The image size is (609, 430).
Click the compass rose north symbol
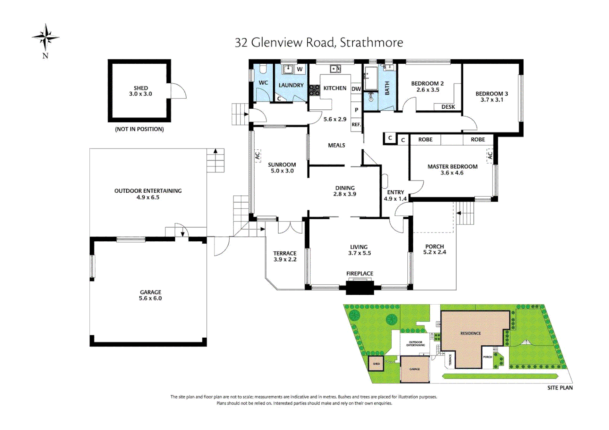point(46,38)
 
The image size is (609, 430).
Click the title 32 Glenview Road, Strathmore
point(319,43)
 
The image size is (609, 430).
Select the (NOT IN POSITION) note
point(139,129)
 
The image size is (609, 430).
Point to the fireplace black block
point(360,287)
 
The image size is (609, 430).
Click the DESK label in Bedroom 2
point(448,107)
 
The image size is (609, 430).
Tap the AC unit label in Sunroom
point(257,155)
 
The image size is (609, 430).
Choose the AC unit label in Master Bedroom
point(490,155)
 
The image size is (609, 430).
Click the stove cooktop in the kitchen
point(314,90)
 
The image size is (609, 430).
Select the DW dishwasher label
point(356,89)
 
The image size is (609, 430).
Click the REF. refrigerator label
point(356,125)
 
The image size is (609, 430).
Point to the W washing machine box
point(300,69)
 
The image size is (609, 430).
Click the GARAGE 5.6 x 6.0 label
point(150,295)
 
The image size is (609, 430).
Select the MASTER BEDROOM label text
point(452,167)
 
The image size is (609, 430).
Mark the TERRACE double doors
point(290,227)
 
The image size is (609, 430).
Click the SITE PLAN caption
point(560,388)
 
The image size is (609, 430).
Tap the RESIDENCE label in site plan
point(470,333)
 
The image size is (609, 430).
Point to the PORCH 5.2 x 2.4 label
point(434,249)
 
